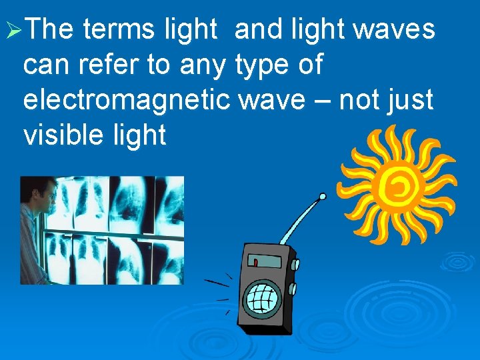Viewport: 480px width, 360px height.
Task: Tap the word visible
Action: coord(62,136)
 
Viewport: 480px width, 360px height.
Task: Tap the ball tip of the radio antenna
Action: coord(323,197)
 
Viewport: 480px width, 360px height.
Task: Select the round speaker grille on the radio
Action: coord(262,295)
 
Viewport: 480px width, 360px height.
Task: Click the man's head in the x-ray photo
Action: coord(39,197)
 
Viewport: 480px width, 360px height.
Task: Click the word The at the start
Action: coord(53,30)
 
